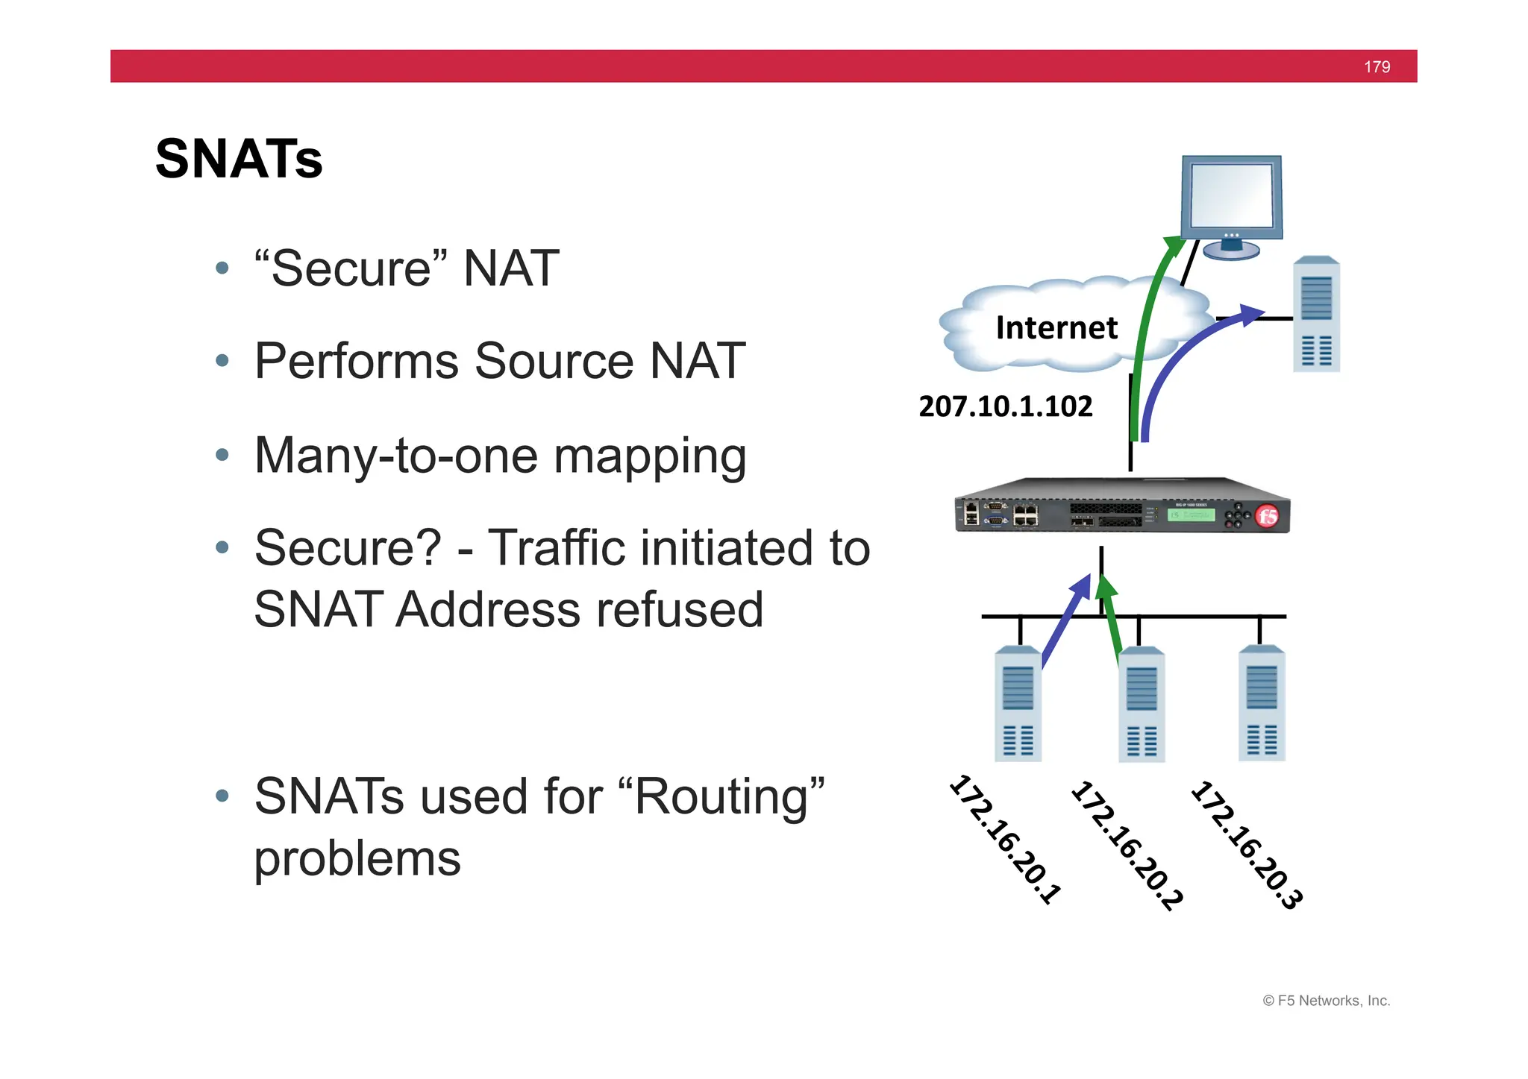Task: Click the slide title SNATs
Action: [239, 159]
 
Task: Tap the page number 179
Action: [1377, 67]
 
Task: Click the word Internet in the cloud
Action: [1056, 328]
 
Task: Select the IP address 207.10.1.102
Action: [1005, 406]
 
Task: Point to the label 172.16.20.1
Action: [1005, 840]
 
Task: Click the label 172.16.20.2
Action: [1127, 845]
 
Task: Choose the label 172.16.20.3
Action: [1247, 845]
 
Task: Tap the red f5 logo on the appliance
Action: [1267, 516]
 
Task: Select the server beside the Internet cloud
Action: [1316, 314]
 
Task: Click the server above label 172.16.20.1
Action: [1018, 704]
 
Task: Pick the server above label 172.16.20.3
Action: [1262, 703]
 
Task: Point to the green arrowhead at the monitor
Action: [1174, 245]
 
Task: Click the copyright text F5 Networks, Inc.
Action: [1333, 1001]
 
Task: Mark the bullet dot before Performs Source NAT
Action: [222, 361]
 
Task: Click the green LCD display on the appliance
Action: [1191, 515]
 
